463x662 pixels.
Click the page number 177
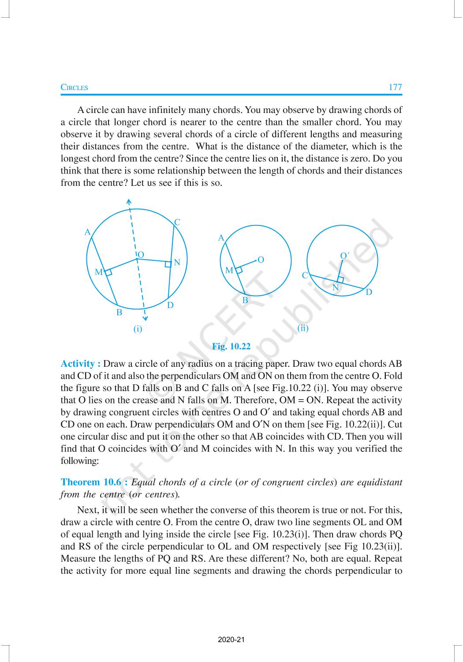click(x=395, y=87)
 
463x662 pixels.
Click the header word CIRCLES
click(x=74, y=87)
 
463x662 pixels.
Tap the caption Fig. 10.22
click(x=231, y=346)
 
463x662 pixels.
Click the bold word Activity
click(x=80, y=364)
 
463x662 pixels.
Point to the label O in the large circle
click(x=141, y=255)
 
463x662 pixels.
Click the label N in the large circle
click(x=177, y=263)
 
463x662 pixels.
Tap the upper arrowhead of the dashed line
click(x=128, y=202)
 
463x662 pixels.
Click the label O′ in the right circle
click(x=344, y=256)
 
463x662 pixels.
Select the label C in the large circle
click(x=177, y=222)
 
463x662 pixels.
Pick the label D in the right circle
click(x=369, y=292)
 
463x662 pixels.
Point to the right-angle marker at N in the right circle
click(x=340, y=280)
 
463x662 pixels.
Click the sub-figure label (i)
click(x=138, y=329)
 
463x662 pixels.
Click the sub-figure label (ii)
click(x=303, y=328)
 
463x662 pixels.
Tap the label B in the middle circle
click(x=245, y=300)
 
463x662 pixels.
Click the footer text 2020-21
click(x=231, y=639)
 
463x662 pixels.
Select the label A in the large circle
click(x=87, y=232)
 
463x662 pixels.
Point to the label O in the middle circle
click(x=261, y=260)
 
